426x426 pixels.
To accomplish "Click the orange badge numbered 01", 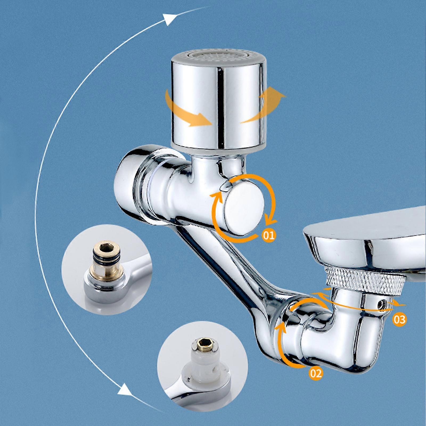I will click(x=268, y=235).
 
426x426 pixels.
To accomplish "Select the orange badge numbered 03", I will click(x=399, y=319).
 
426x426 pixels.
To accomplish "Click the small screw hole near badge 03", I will click(x=383, y=304).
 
